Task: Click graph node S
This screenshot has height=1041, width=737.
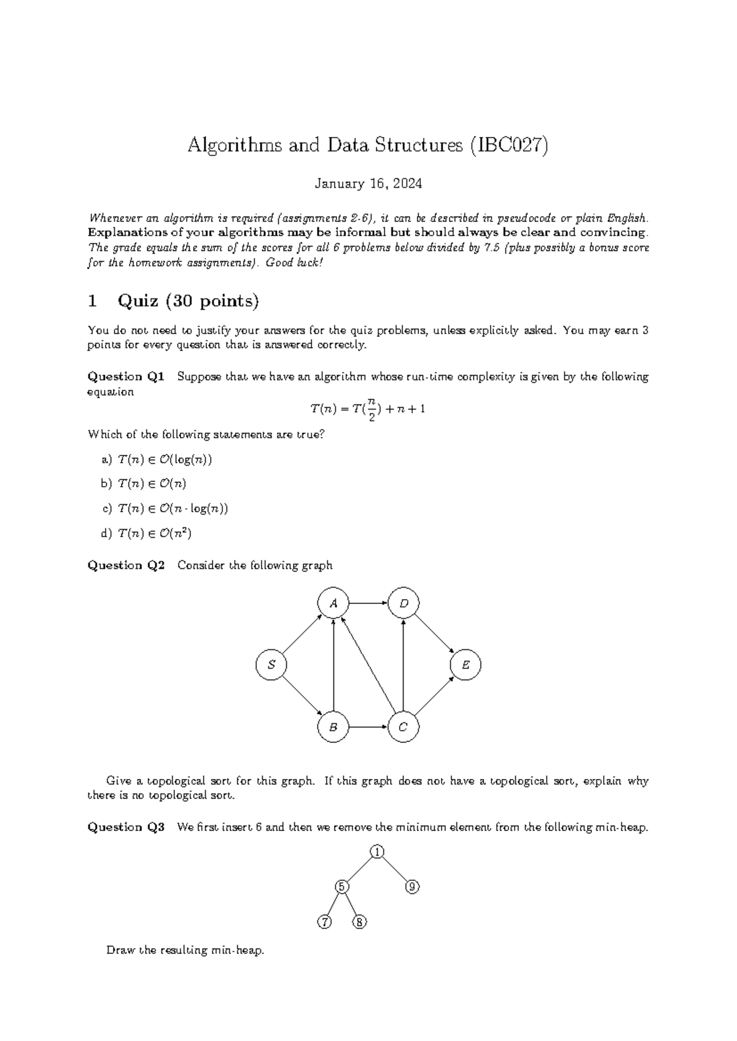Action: [271, 665]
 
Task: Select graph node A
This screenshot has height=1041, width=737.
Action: [333, 603]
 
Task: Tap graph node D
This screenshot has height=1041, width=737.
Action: [404, 603]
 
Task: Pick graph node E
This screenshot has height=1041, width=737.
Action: [466, 665]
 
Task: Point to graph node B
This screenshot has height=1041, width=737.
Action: [333, 727]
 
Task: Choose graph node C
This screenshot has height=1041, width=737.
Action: [404, 727]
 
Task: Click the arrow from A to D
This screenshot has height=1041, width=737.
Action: [368, 603]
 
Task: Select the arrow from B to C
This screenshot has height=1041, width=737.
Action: [368, 727]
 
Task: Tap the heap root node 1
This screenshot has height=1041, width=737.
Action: [377, 851]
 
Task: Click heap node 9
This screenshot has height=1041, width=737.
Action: [413, 887]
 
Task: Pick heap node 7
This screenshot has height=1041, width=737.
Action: [324, 922]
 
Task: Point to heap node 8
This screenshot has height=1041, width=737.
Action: [360, 922]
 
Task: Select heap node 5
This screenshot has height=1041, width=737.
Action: [342, 887]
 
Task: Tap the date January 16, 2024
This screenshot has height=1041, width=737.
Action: [368, 184]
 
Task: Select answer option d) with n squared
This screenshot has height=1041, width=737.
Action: [147, 533]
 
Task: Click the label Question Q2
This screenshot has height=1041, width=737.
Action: [127, 565]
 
